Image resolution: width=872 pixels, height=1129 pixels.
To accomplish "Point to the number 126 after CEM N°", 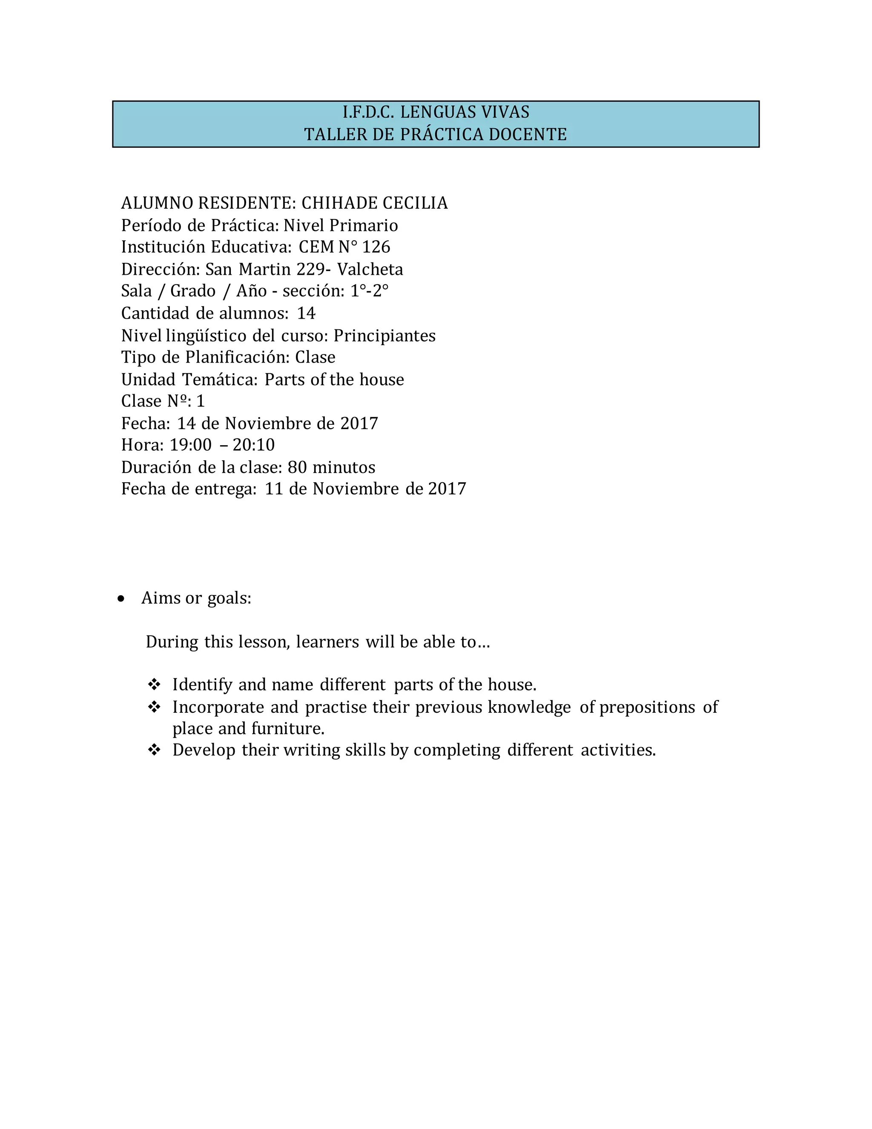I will click(x=376, y=247).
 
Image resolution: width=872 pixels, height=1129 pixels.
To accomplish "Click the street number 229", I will click(x=311, y=269).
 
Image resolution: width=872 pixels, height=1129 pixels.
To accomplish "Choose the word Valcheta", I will click(x=370, y=269).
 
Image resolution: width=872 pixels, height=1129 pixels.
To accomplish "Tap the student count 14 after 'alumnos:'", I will click(x=306, y=313).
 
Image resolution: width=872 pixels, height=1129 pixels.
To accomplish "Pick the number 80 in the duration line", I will click(x=297, y=467).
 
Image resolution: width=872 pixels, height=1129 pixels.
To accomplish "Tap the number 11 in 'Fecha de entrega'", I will click(x=274, y=489).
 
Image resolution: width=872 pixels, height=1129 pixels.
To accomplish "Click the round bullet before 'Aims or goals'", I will click(x=121, y=599).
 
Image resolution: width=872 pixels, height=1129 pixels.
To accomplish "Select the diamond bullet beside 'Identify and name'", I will click(x=154, y=685).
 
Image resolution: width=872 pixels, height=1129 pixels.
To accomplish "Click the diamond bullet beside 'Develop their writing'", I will click(x=154, y=750).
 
